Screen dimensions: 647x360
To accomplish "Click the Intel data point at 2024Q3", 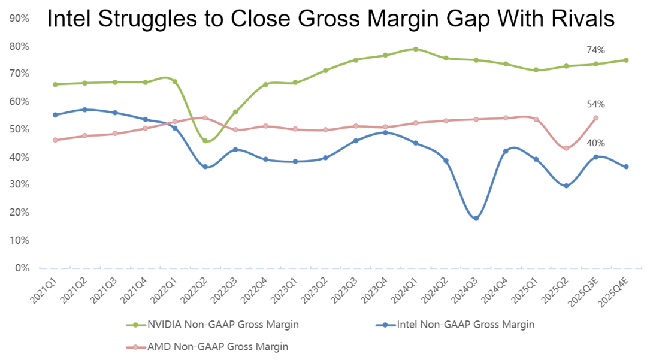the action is pyautogui.click(x=476, y=218).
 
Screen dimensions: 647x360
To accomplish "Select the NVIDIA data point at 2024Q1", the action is pyautogui.click(x=416, y=49).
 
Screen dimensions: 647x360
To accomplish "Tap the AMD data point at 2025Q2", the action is pyautogui.click(x=566, y=148).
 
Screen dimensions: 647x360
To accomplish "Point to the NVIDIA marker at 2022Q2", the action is pyautogui.click(x=205, y=141).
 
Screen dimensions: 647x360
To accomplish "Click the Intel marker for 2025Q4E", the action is pyautogui.click(x=626, y=167).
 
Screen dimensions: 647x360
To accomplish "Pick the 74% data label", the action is pyautogui.click(x=596, y=50).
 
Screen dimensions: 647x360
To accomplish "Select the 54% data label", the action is pyautogui.click(x=596, y=104).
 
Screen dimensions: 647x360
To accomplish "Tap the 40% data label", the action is pyautogui.click(x=596, y=143).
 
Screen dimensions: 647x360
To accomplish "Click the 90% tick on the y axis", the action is pyautogui.click(x=19, y=18).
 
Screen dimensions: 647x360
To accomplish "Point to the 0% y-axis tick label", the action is pyautogui.click(x=22, y=268).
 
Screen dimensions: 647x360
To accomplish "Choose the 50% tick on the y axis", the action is pyautogui.click(x=19, y=129).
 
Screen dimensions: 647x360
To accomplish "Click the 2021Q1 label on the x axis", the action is pyautogui.click(x=43, y=291).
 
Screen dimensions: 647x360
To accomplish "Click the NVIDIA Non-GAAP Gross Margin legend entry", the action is pyautogui.click(x=212, y=325).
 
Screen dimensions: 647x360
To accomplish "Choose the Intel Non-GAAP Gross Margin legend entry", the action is pyautogui.click(x=455, y=325).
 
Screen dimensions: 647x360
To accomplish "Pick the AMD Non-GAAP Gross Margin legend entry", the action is pyautogui.click(x=207, y=347).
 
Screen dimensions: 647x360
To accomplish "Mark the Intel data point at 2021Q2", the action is pyautogui.click(x=84, y=110).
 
